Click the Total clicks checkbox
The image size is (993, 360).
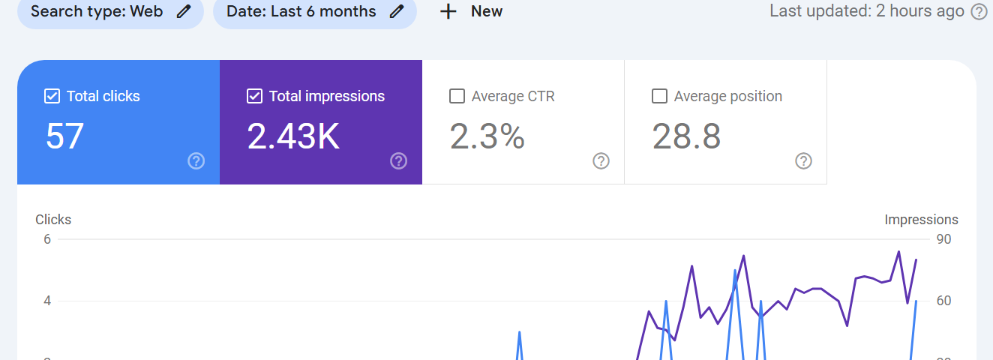point(52,96)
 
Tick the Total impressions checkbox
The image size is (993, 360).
point(254,96)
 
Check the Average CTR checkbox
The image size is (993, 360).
point(457,96)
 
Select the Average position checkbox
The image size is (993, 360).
point(660,96)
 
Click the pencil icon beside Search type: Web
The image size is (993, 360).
point(184,11)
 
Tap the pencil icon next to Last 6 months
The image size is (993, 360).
point(397,11)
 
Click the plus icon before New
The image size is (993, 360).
point(448,11)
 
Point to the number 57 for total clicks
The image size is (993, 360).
point(64,136)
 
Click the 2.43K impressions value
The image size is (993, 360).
point(293,136)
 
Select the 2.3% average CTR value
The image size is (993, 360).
point(487,136)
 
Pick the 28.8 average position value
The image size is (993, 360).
point(686,136)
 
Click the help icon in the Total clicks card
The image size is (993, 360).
point(196,161)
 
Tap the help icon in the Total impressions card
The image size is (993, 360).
point(398,161)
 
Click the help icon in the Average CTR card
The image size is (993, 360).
point(601,161)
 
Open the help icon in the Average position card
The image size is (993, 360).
point(804,161)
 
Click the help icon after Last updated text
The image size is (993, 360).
point(979,12)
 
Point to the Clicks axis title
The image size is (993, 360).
point(53,220)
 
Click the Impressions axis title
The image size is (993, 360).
point(921,220)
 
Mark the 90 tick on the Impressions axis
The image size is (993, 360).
point(943,239)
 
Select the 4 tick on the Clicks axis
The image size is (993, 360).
point(47,301)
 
